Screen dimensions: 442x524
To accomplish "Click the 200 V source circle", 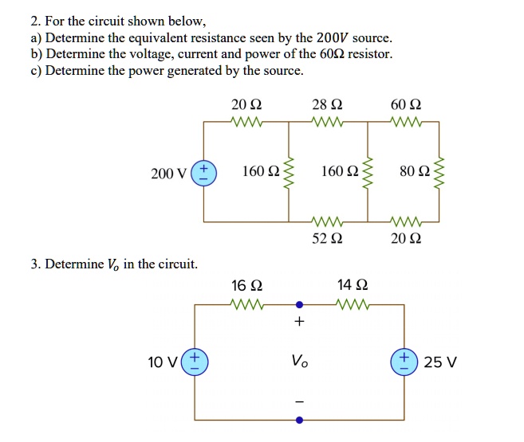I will (x=203, y=172).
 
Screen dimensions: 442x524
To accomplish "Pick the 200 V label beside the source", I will (x=169, y=173).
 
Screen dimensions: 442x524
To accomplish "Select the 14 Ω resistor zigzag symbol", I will (x=353, y=303).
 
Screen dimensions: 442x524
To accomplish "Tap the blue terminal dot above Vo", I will (x=299, y=303).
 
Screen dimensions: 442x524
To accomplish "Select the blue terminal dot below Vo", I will (x=299, y=418).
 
